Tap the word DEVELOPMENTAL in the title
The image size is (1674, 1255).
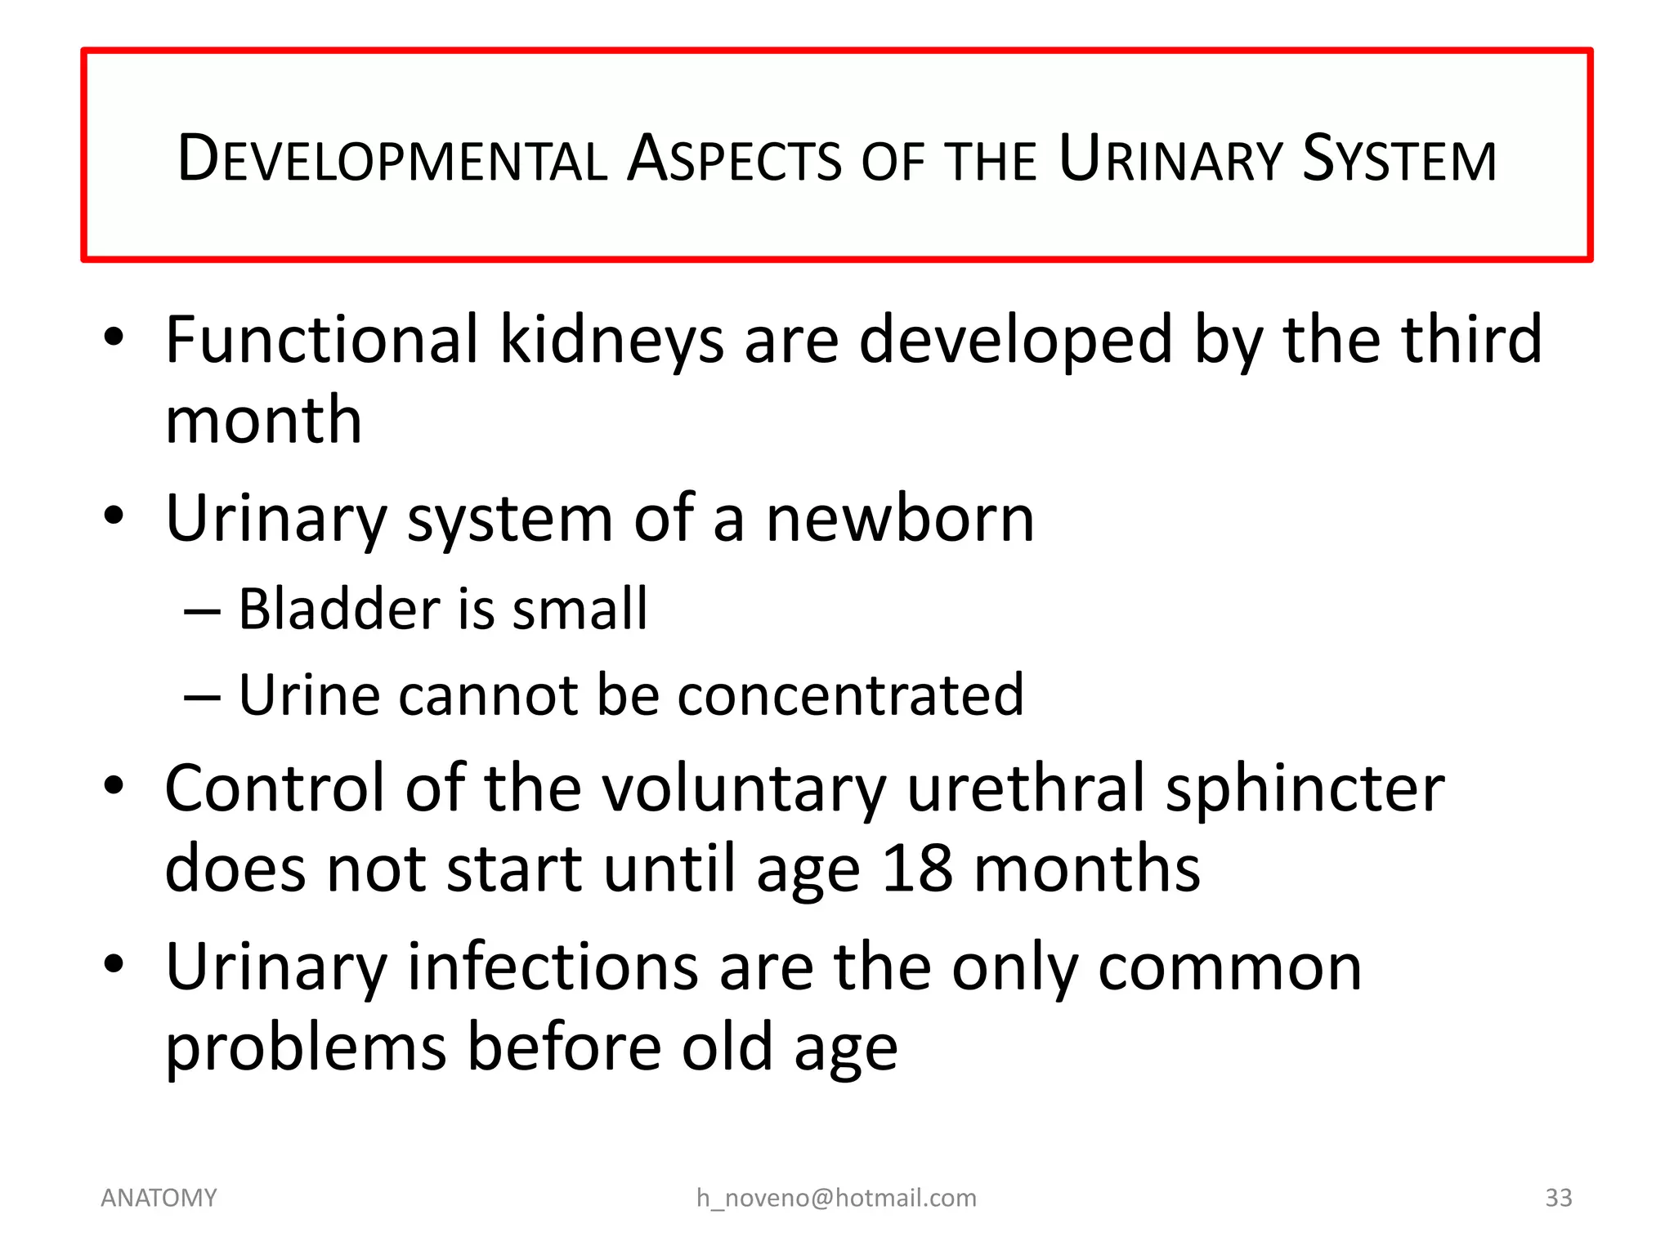tap(392, 159)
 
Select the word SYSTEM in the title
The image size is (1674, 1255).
tap(1399, 159)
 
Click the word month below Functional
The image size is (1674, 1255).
tap(263, 420)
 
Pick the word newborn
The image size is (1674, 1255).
tap(900, 519)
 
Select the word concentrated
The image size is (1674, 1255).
tap(850, 695)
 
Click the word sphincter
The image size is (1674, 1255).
tap(1305, 790)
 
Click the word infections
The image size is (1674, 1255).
tap(553, 967)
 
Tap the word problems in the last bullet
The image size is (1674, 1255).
tap(306, 1049)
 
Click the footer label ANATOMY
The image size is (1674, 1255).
tap(159, 1198)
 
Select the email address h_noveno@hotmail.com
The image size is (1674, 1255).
tap(836, 1198)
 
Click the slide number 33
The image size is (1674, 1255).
tap(1558, 1198)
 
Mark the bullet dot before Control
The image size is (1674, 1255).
tap(114, 786)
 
